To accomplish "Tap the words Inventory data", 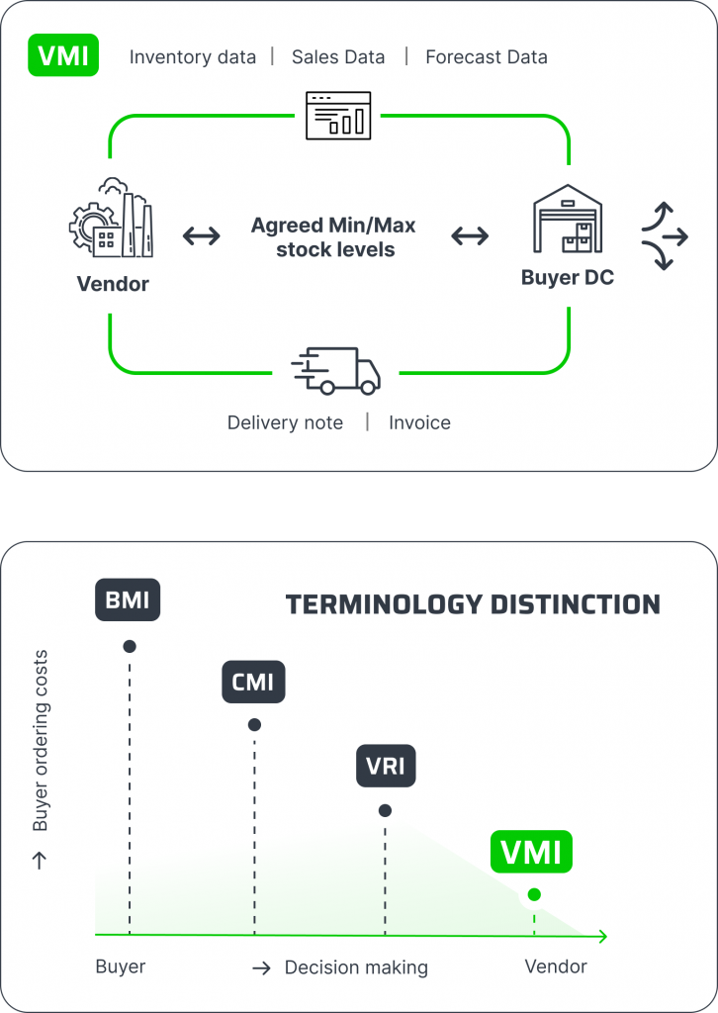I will (x=193, y=57).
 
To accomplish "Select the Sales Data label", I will (x=338, y=57).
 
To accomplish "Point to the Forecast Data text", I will (x=486, y=57).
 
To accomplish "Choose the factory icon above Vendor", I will (x=112, y=219).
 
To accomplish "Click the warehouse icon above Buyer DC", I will (x=567, y=220).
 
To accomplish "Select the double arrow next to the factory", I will (x=202, y=236).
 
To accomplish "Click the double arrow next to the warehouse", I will (x=470, y=236).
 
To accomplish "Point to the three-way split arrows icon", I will (x=664, y=236).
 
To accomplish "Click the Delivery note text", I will (x=285, y=423).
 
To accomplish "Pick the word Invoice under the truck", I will (x=419, y=423).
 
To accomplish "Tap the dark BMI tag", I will (x=128, y=600).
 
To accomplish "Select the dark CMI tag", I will (x=254, y=682).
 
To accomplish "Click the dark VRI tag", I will (x=386, y=766).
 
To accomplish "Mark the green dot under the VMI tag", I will (x=534, y=894).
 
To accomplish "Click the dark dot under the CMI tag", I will (x=254, y=725).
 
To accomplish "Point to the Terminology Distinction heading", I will (x=473, y=604).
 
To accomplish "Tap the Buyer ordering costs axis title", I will (x=41, y=741).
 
